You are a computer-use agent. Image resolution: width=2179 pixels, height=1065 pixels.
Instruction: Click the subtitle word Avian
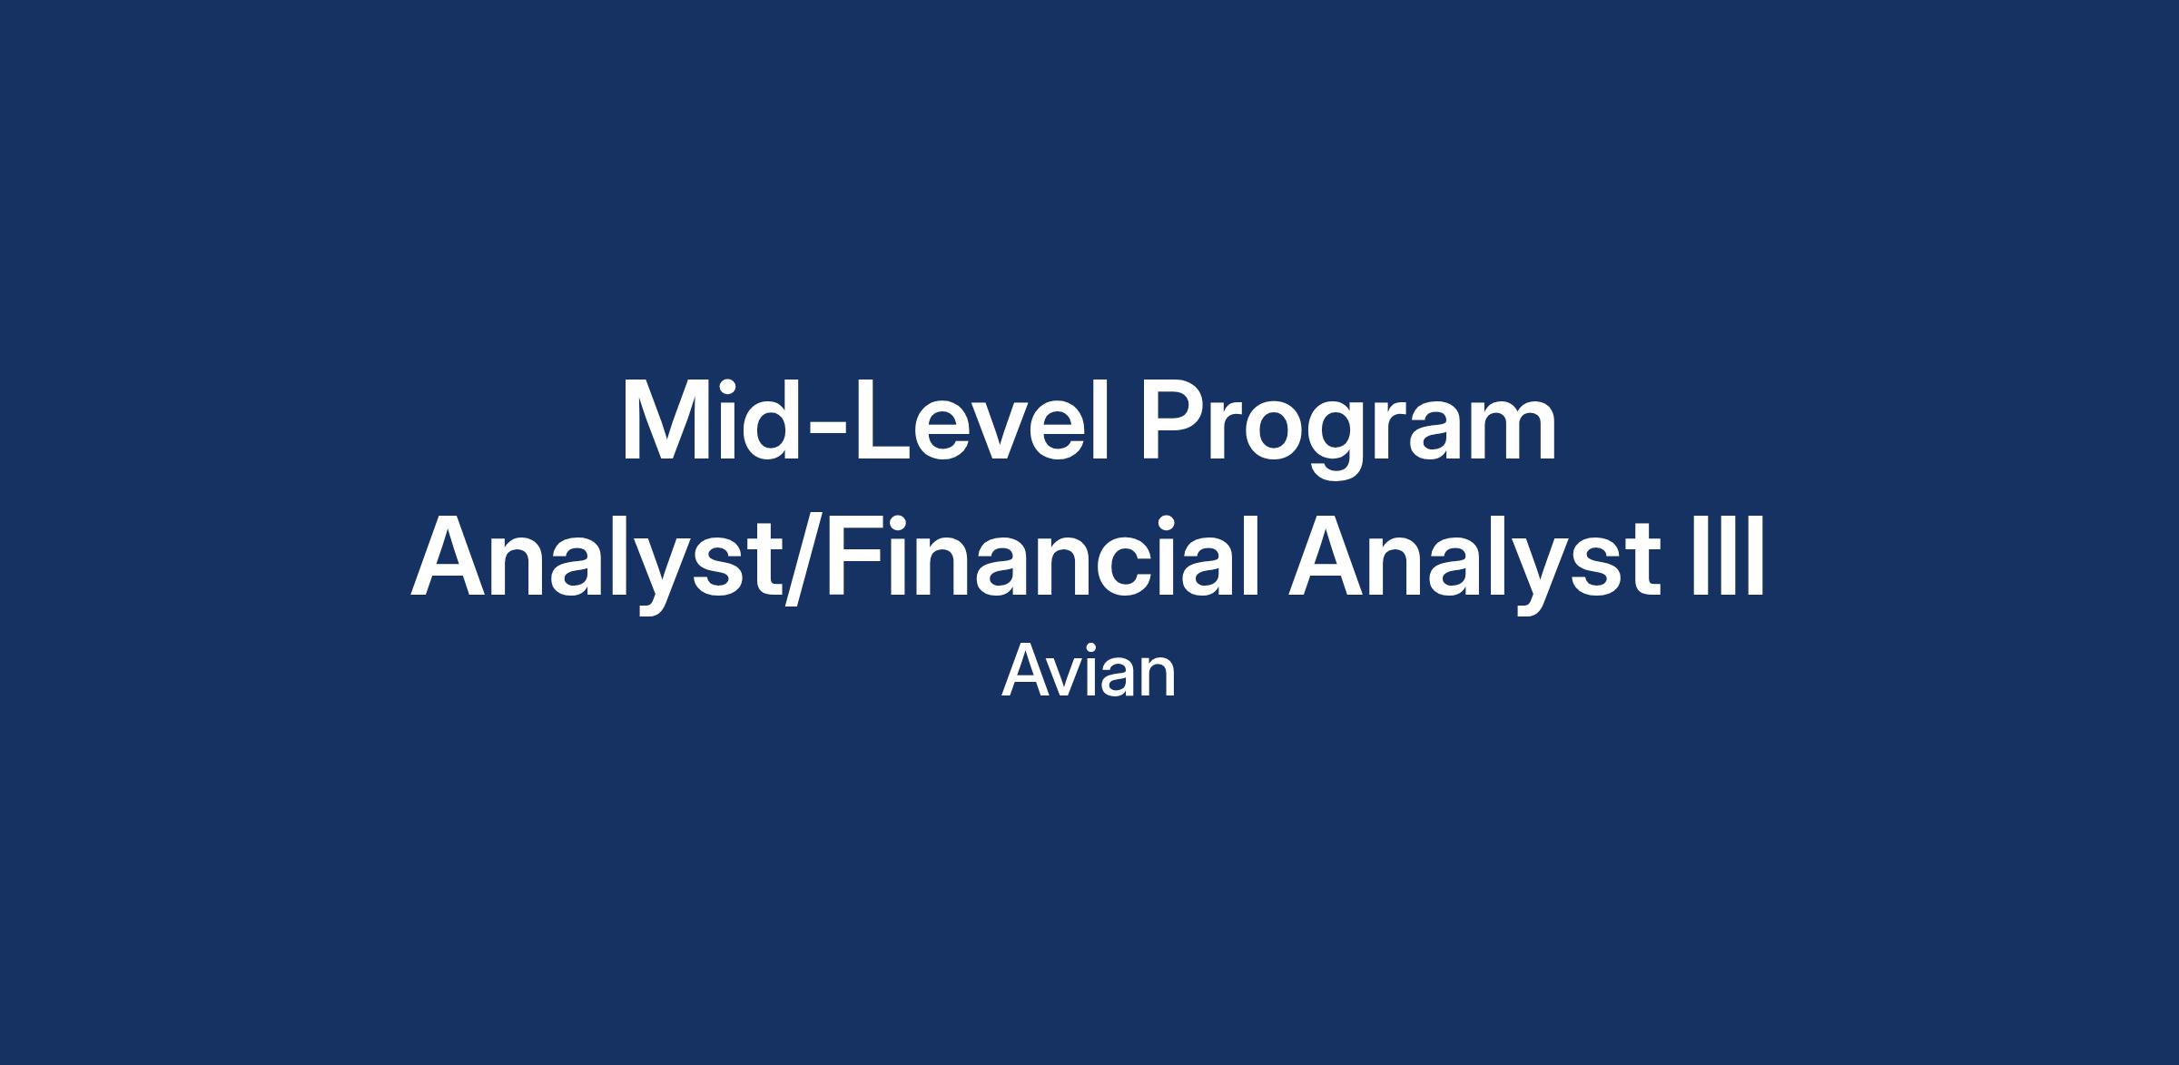(1089, 672)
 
